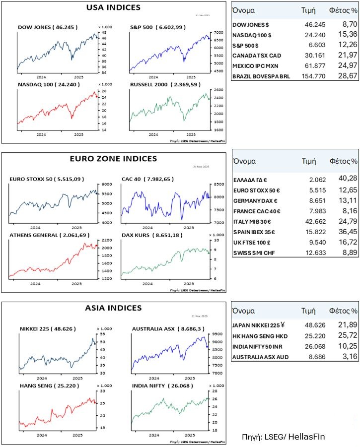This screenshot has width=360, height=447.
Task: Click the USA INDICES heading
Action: point(113,7)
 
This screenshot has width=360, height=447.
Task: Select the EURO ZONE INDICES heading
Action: point(114,159)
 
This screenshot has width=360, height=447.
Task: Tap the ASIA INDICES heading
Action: point(114,308)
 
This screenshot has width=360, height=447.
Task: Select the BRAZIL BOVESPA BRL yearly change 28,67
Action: point(344,76)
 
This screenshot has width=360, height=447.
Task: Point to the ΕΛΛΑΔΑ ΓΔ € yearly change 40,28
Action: point(344,178)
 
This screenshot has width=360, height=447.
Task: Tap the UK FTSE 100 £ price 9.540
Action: point(311,243)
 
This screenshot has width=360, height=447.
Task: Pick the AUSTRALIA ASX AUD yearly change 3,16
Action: point(345,357)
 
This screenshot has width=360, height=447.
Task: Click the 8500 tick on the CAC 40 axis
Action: point(216,184)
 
